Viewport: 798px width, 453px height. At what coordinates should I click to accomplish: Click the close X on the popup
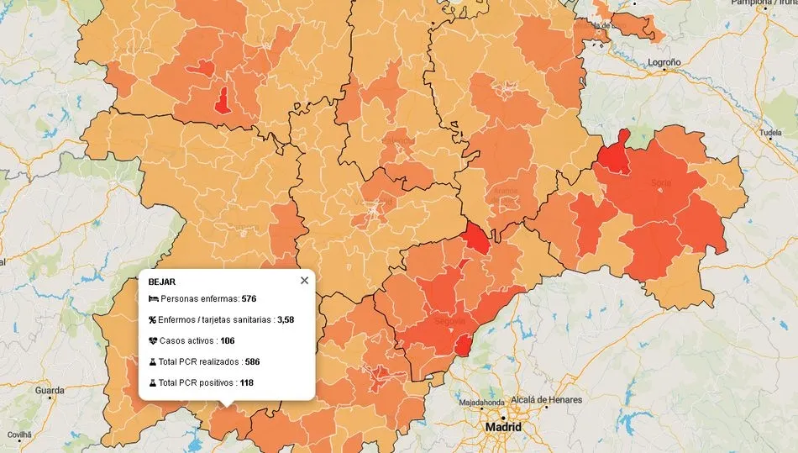304,281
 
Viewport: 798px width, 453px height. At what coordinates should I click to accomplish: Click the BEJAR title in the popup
161,282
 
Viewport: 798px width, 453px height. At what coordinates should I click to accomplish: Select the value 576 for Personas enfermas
248,299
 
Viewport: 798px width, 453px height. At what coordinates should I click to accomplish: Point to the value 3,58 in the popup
286,320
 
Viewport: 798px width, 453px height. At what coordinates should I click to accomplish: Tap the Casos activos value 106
227,341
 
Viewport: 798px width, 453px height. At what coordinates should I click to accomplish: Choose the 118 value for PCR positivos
246,383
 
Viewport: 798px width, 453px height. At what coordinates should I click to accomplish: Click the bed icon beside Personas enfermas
153,299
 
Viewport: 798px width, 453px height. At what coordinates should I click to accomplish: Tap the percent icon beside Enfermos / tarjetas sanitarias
153,320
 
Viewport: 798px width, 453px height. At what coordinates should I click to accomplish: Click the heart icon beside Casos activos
153,341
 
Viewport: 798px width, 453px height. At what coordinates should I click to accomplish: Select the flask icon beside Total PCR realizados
153,362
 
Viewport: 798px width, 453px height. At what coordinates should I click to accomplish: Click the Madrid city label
503,427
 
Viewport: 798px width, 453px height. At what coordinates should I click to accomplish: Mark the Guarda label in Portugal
50,391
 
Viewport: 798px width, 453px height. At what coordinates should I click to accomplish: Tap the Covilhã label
18,435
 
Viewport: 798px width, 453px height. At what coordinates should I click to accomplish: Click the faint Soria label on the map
661,182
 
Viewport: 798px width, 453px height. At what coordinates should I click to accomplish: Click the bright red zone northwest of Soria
616,155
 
